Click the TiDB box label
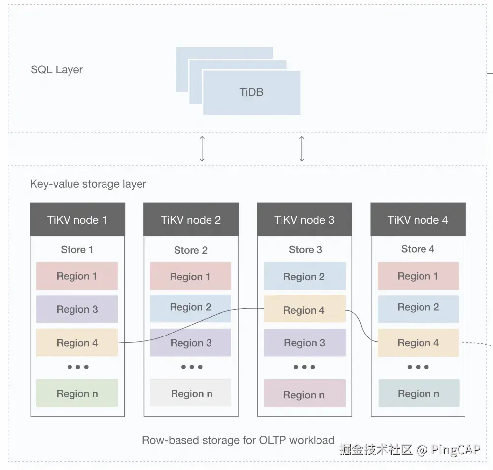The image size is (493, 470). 251,92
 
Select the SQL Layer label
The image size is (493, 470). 57,70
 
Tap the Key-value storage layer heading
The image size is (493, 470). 88,184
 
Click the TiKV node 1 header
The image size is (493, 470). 77,220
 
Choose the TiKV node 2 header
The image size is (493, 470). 191,220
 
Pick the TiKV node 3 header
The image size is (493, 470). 304,220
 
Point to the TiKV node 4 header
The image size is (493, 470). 418,220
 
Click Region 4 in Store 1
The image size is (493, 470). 77,343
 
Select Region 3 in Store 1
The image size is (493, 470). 77,309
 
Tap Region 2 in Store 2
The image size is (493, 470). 190,307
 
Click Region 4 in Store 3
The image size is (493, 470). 304,310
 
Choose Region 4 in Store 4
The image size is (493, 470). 418,343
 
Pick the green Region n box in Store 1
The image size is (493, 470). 77,393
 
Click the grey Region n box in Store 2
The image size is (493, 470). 191,393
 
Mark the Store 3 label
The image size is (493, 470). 305,250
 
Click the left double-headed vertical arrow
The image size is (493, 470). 202,149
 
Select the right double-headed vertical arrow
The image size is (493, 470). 302,149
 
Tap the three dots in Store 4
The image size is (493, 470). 418,367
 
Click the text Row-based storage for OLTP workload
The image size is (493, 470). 238,440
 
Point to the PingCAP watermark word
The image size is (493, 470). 456,449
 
